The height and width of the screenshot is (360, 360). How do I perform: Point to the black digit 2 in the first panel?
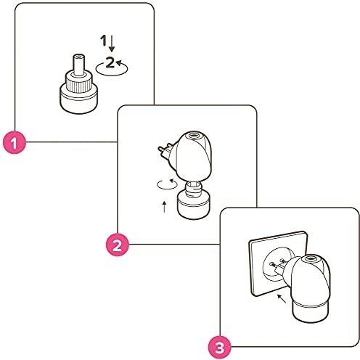pos(110,63)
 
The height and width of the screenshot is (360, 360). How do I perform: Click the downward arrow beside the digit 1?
pos(112,46)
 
